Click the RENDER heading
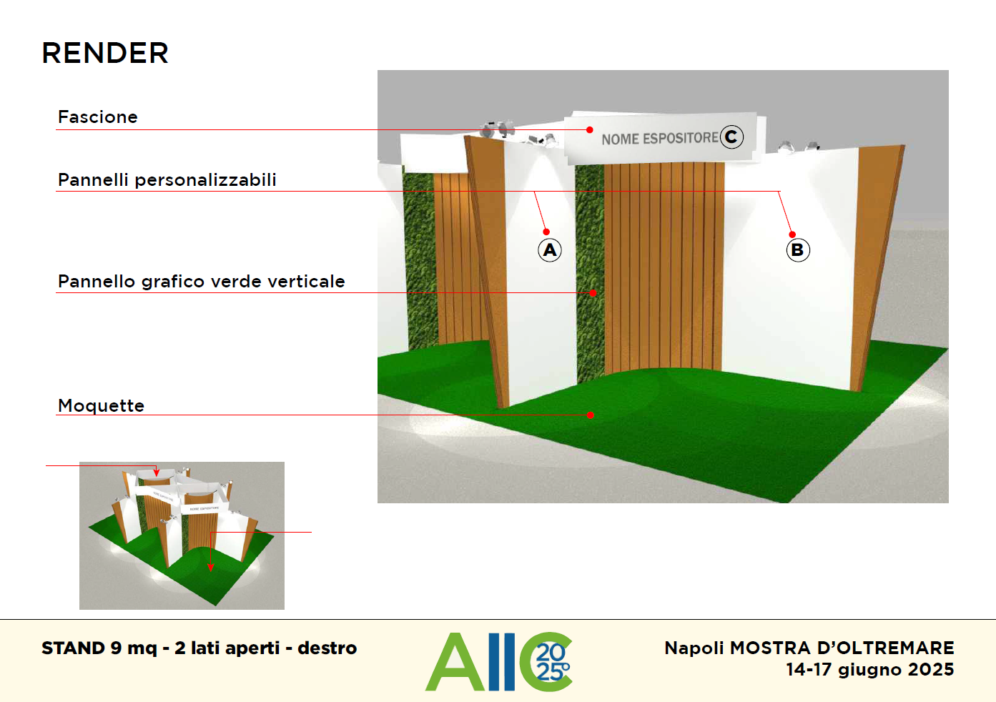(105, 54)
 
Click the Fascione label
(98, 117)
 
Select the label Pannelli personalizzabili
(167, 180)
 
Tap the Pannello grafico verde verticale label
(202, 282)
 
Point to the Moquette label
(102, 405)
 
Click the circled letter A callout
(550, 250)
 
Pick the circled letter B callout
(798, 250)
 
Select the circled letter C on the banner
(731, 137)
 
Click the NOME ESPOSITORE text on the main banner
(659, 139)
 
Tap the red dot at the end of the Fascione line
(590, 130)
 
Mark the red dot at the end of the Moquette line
(591, 415)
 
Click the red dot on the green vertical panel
(593, 293)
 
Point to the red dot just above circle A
(546, 232)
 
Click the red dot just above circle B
(792, 234)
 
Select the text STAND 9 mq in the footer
(99, 648)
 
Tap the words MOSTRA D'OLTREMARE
(842, 648)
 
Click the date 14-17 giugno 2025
(870, 670)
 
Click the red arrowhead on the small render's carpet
(211, 567)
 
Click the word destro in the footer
(327, 648)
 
